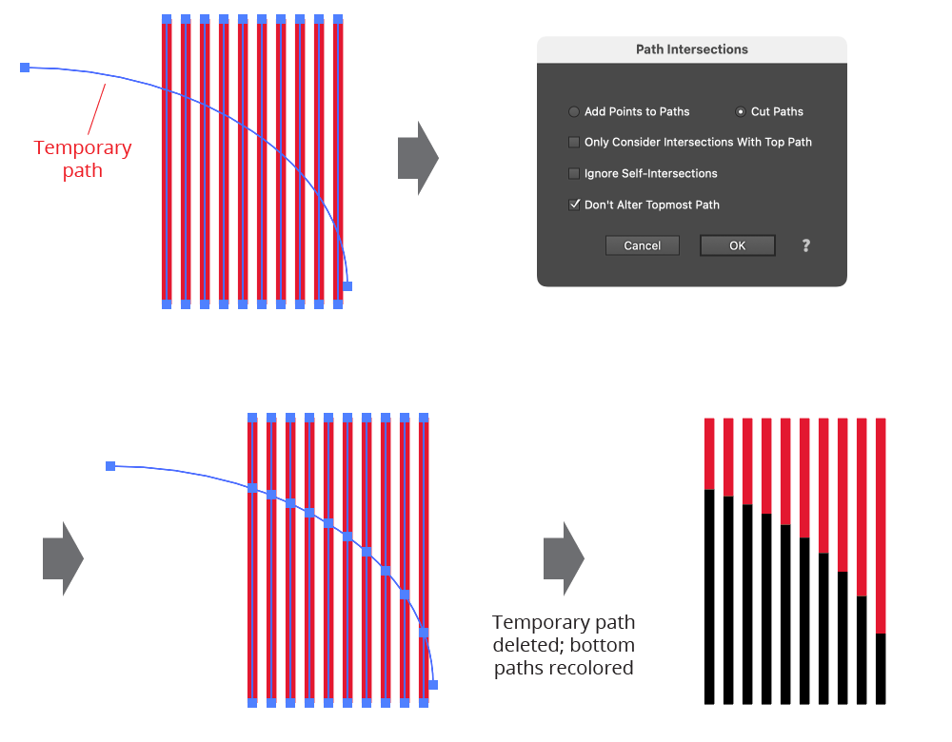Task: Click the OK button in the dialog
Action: coord(737,245)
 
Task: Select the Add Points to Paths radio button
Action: coord(574,111)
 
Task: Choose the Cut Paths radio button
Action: coord(741,111)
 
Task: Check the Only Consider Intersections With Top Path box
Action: coord(574,143)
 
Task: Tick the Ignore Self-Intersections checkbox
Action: coord(574,173)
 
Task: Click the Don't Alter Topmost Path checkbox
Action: coord(574,205)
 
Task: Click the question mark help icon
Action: coord(805,245)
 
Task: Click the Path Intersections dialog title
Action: coord(692,49)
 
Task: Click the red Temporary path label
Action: coord(83,159)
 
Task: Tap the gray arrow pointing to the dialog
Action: coord(417,158)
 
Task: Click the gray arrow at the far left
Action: coord(63,558)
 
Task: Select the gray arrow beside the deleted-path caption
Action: coord(563,558)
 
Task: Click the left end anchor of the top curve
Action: coord(25,68)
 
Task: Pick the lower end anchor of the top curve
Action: coord(347,285)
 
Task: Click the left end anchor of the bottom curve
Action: coord(110,466)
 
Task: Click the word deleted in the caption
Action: coord(524,645)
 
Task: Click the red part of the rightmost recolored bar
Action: coord(881,523)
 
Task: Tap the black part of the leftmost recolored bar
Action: coord(709,599)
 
